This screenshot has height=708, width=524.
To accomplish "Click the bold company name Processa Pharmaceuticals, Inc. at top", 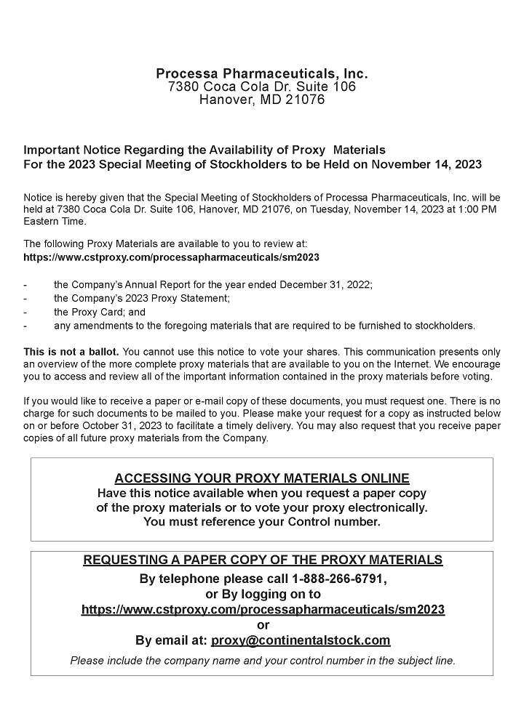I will [x=262, y=73].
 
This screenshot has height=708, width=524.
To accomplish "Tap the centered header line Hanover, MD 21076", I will [x=262, y=100].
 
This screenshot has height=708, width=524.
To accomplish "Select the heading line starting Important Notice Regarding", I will [x=205, y=150].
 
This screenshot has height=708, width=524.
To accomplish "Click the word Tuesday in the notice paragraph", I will [x=345, y=209].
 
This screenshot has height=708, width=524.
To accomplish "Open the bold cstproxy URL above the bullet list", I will [x=171, y=257].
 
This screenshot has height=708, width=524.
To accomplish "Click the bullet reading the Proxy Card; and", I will [x=100, y=312].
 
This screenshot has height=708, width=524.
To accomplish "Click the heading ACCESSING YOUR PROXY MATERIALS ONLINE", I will [x=262, y=478].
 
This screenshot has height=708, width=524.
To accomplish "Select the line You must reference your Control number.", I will [x=262, y=522].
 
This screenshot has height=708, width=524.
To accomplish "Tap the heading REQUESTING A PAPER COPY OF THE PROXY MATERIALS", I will [x=262, y=560].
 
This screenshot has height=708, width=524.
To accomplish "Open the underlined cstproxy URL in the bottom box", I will [x=263, y=610].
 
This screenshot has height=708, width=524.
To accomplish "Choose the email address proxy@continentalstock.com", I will [x=301, y=640].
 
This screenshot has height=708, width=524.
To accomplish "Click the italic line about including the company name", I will [x=262, y=661].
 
